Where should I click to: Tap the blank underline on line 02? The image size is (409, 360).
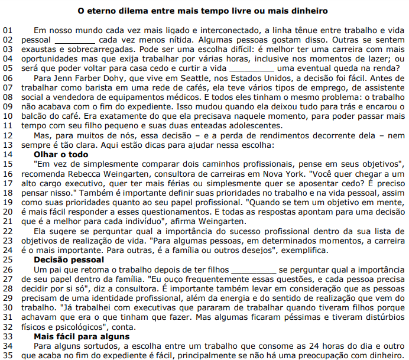click(x=75, y=39)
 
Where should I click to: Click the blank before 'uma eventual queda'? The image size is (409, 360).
click(x=251, y=67)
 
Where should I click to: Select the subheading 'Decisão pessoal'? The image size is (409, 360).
click(x=69, y=260)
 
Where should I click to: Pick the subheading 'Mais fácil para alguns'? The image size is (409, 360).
click(x=82, y=336)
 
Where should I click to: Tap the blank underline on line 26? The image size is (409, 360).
click(x=252, y=269)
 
